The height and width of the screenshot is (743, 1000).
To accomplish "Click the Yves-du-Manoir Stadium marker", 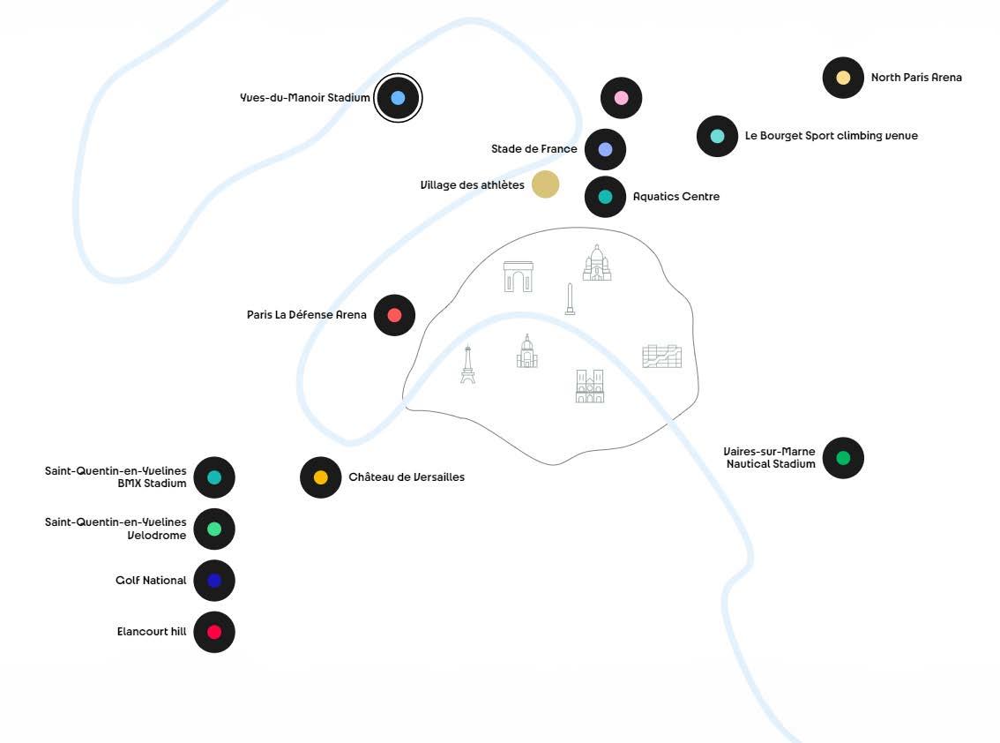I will [x=398, y=98].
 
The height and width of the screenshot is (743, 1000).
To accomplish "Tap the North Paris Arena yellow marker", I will [x=843, y=78].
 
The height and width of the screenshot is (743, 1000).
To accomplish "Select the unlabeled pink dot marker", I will [x=621, y=98].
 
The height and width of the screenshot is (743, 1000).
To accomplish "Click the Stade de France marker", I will [x=605, y=149].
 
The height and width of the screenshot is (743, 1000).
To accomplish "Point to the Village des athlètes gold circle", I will [x=546, y=184].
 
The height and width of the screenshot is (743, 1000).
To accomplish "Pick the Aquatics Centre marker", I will [x=605, y=197].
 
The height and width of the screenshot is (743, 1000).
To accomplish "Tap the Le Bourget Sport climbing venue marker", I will [x=717, y=136].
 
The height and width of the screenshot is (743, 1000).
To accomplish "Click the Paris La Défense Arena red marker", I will [x=394, y=315].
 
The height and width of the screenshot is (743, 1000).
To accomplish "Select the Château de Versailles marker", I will [x=321, y=477].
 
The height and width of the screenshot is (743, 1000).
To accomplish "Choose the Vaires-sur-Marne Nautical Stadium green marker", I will [x=843, y=458].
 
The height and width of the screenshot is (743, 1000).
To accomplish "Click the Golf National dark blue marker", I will [x=214, y=581].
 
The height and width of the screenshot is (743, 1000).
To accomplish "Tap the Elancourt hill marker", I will [x=214, y=632].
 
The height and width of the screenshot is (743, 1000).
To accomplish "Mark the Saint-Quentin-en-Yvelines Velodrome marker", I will [x=214, y=529].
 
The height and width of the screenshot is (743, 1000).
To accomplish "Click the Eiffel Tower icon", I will [x=467, y=364].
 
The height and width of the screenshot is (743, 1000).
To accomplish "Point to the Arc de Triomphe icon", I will [x=519, y=276].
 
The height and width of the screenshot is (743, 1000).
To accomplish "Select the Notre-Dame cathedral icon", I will [x=590, y=387].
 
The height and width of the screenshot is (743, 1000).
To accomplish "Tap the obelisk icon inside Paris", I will [x=571, y=299].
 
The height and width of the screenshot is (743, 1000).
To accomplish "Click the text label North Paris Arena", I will [x=916, y=78].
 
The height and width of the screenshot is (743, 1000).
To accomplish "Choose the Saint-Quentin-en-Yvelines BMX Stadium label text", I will [x=116, y=477].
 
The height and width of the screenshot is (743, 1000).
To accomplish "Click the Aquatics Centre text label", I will [x=676, y=197].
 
